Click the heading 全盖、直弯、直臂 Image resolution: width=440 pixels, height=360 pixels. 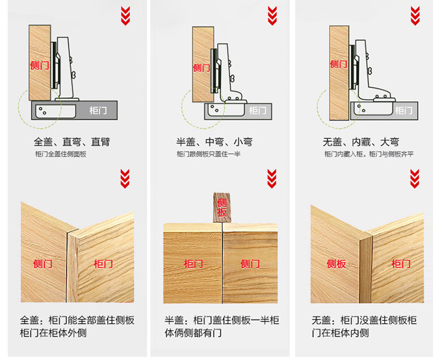[x=72, y=141]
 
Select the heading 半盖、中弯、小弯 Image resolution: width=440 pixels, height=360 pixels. [x=218, y=141]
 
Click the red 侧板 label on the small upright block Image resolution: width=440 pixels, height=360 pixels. [x=222, y=207]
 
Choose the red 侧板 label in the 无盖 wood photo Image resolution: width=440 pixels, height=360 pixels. [x=337, y=263]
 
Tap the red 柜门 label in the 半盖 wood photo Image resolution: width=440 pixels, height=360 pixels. [x=193, y=264]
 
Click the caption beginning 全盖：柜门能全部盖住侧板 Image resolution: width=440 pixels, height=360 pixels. [x=77, y=327]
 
